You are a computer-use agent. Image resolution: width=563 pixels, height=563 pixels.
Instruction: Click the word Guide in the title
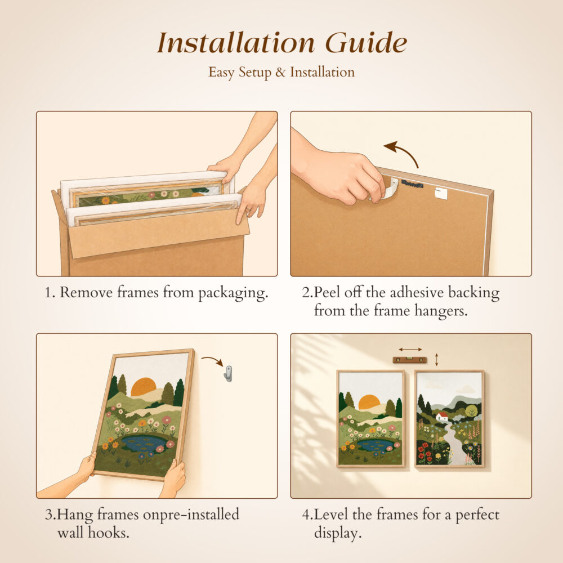click(367, 43)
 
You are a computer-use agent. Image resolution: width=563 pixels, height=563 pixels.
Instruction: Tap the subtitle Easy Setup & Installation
click(281, 72)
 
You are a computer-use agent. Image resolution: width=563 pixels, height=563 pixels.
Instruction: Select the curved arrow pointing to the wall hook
click(213, 360)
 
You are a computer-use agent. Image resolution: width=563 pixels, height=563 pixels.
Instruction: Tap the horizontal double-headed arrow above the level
click(410, 349)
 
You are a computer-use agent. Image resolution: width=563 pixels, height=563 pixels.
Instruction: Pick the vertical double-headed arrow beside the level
click(437, 360)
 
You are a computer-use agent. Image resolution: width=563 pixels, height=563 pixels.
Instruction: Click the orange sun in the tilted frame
click(144, 387)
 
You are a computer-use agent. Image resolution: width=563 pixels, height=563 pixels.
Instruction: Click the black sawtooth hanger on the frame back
click(412, 184)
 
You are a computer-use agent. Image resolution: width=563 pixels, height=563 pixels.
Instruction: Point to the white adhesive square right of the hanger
click(441, 193)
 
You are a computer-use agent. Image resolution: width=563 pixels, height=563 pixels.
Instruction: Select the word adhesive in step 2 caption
click(417, 293)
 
